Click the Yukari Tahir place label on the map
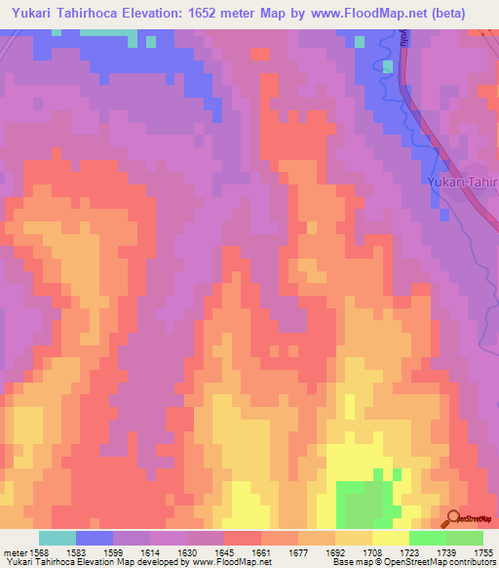click(463, 183)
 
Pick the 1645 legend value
click(223, 552)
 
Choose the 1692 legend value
click(334, 552)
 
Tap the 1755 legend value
click(482, 552)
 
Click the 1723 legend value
click(408, 552)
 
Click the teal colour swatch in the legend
click(57, 538)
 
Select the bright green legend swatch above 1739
click(427, 538)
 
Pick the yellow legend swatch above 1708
click(390, 538)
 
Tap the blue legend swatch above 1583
click(94, 538)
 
